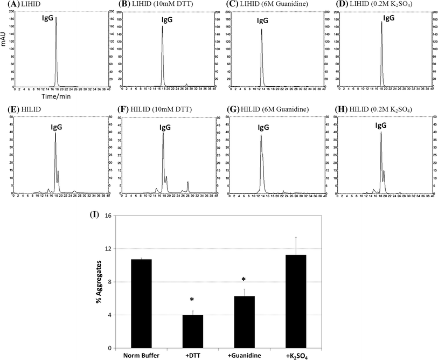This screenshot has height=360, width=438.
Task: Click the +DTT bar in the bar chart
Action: pyautogui.click(x=192, y=331)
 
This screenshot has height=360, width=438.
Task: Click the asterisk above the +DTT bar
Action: pyautogui.click(x=192, y=300)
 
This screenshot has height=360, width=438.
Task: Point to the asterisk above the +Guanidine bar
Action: pyautogui.click(x=244, y=280)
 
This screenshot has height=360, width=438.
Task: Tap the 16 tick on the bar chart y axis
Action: pyautogui.click(x=109, y=216)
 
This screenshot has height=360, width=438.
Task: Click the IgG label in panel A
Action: pyautogui.click(x=48, y=18)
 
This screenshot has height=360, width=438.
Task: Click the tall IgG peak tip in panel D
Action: pyautogui.click(x=381, y=22)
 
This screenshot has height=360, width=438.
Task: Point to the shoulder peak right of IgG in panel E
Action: pyautogui.click(x=58, y=172)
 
